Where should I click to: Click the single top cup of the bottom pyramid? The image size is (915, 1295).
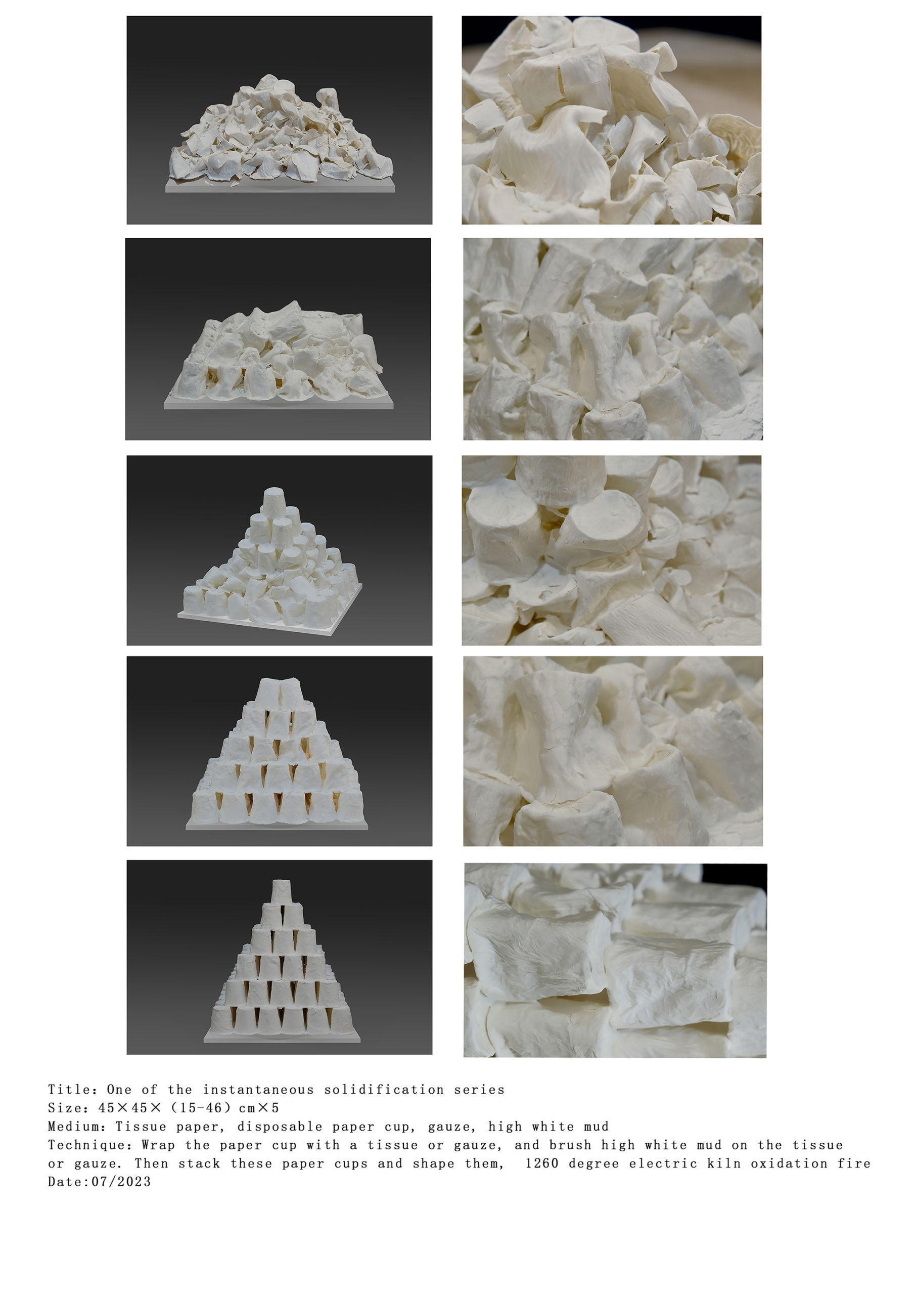pos(281,891)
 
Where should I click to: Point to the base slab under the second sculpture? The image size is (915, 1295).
pos(279,402)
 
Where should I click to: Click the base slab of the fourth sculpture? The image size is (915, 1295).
pos(277,825)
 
